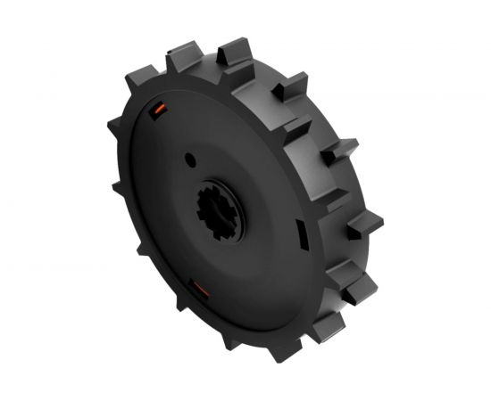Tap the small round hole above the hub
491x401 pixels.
click(x=190, y=160)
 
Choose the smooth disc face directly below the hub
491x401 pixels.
click(x=232, y=285)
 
